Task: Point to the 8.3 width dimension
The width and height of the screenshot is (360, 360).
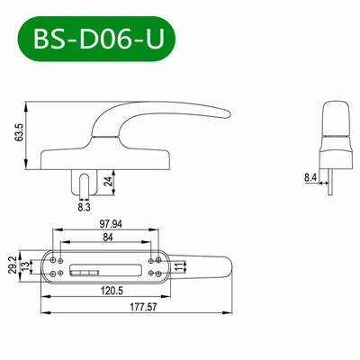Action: point(85,207)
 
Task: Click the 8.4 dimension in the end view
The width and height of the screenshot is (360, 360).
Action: point(310,178)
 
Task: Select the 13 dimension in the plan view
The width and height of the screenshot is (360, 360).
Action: point(24,266)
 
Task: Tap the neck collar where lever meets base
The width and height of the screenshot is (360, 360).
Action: point(105,136)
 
